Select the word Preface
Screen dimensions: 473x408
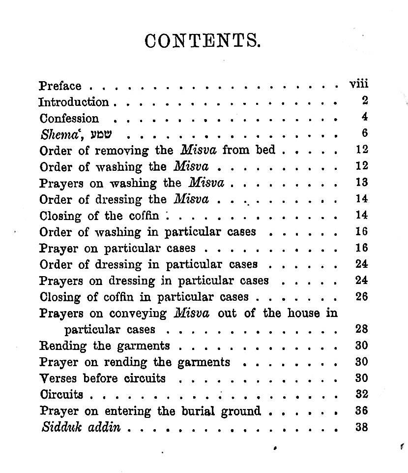[x=60, y=86]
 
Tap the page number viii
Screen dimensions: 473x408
[x=358, y=84]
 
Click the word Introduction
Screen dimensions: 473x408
[x=74, y=102]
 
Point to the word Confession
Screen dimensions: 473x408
[x=69, y=119]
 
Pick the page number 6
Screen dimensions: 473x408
[x=364, y=133]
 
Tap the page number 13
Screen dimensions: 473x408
[x=362, y=183]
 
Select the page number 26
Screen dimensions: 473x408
[x=362, y=297]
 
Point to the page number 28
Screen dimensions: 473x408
[x=362, y=329]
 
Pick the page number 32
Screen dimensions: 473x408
[x=362, y=394]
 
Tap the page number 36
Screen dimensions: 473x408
[x=362, y=410]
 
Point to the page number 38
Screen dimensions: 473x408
[x=362, y=427]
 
